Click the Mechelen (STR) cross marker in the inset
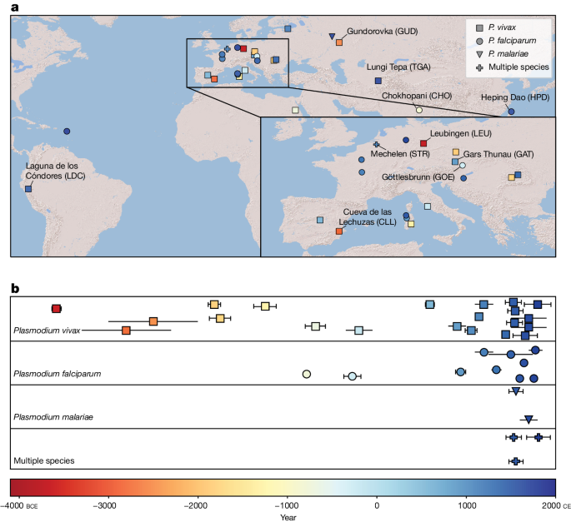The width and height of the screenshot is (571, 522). [376, 145]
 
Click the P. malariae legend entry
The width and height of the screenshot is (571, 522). [508, 52]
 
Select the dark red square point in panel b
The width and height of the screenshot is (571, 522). [57, 309]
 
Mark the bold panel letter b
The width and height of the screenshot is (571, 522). [15, 288]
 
